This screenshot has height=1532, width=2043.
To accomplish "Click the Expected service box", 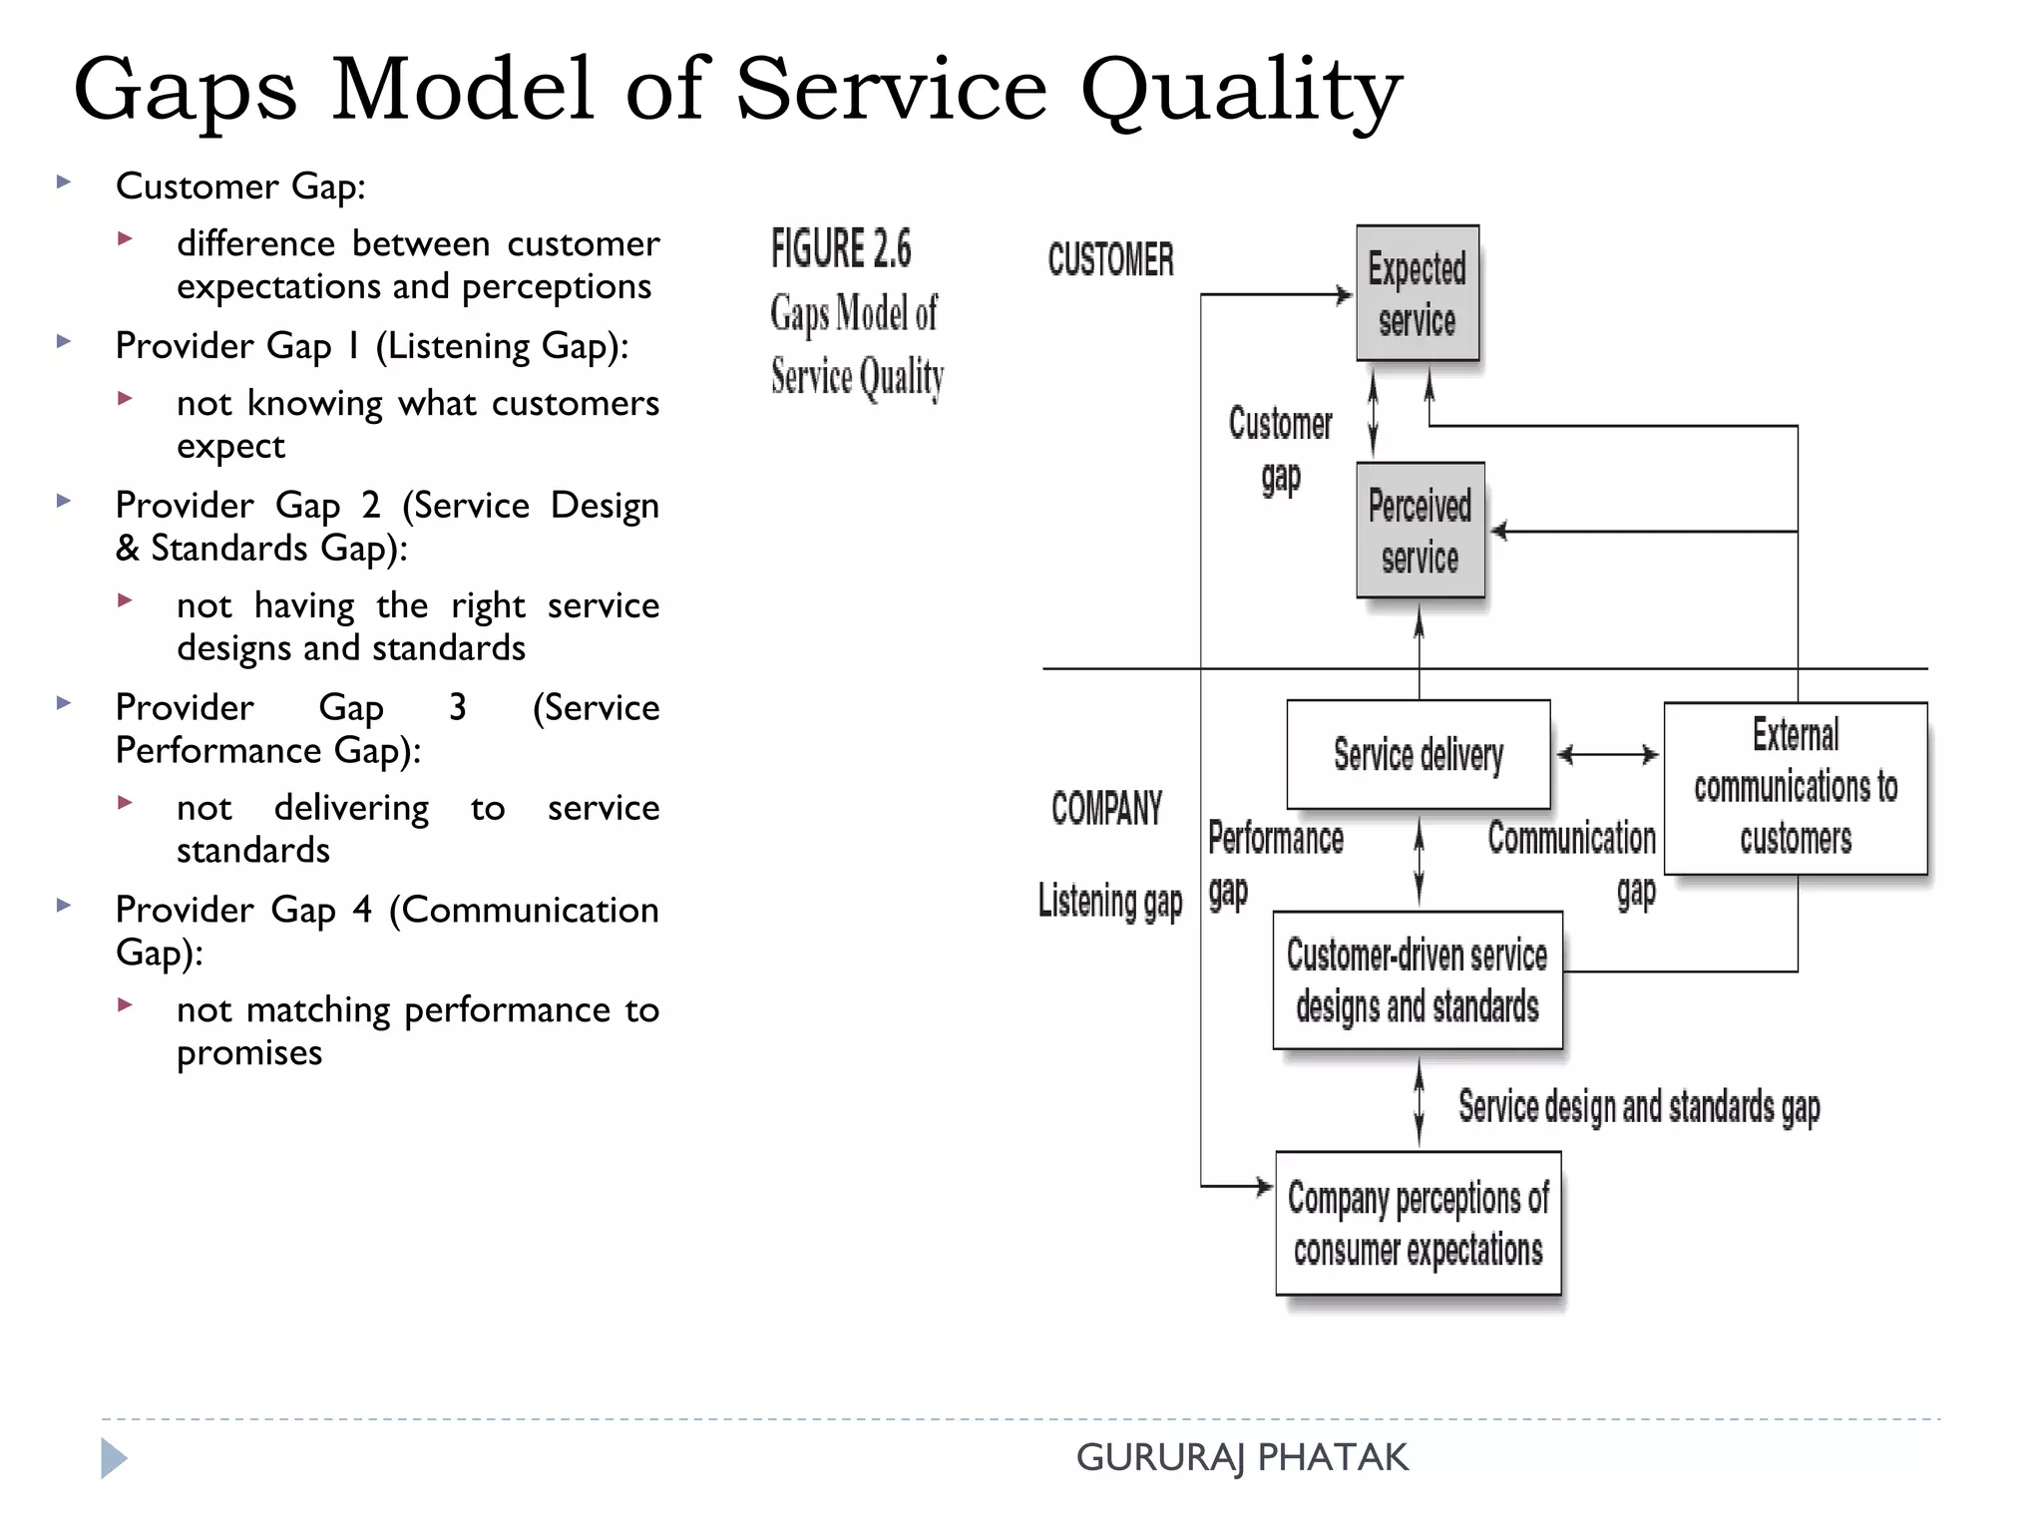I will tap(1417, 293).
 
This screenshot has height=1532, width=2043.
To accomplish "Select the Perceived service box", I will tap(1420, 530).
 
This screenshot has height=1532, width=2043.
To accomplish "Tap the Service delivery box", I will tap(1418, 754).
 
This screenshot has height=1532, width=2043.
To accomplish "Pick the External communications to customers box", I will tap(1795, 788).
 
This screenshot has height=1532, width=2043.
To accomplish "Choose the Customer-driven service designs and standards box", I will tap(1417, 980).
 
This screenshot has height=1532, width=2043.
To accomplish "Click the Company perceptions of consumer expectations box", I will tap(1418, 1223).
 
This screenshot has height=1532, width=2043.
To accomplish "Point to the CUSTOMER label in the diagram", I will tap(1110, 259).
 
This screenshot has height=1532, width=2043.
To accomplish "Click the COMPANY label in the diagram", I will tap(1106, 808).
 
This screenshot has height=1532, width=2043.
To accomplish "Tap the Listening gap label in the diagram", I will tap(1109, 902).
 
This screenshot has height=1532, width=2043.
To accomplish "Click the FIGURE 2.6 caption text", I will tap(841, 249).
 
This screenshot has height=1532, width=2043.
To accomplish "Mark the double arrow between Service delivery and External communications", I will tap(1607, 755).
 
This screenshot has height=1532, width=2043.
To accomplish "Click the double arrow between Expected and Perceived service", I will tap(1373, 412).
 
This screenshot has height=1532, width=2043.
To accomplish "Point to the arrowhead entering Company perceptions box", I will tap(1264, 1186).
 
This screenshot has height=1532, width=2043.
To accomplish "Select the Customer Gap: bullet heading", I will tap(240, 187).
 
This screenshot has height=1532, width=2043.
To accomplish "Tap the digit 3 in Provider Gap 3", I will tap(457, 707).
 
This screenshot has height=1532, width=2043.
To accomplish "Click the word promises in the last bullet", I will tap(249, 1053).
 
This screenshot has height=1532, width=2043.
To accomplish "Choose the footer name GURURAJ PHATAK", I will tap(1241, 1457).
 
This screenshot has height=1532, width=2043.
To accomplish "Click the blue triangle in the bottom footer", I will tap(113, 1458).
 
